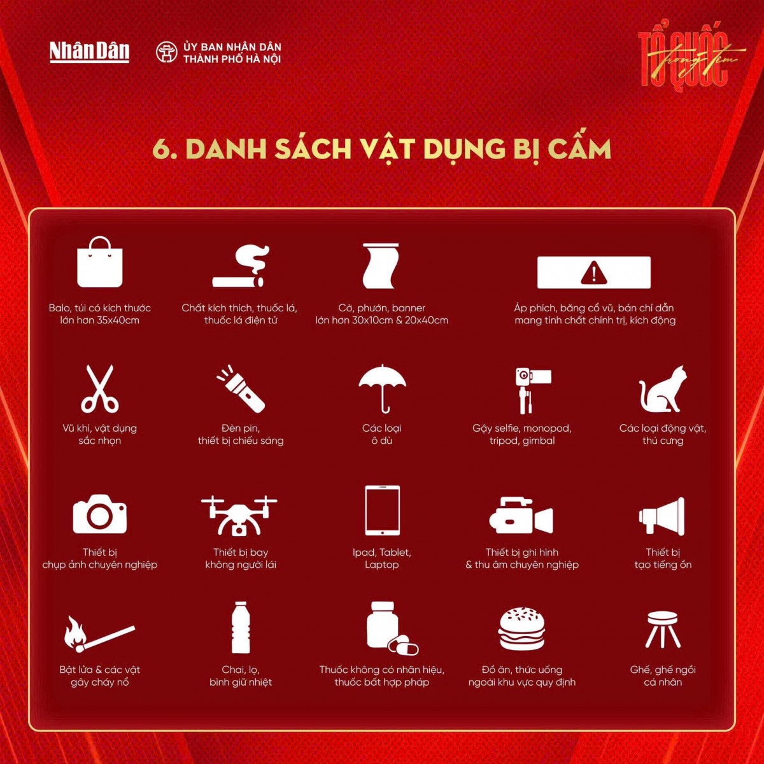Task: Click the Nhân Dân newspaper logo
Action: point(89,52)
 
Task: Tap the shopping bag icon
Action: point(100,262)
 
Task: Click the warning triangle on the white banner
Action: point(593,273)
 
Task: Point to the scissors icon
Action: point(100,388)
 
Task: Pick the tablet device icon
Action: point(382,511)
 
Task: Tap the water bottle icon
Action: point(241,628)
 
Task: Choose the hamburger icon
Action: point(522,628)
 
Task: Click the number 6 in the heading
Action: point(162,150)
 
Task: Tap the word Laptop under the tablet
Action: point(382,565)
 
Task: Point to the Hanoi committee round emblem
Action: point(167,52)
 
